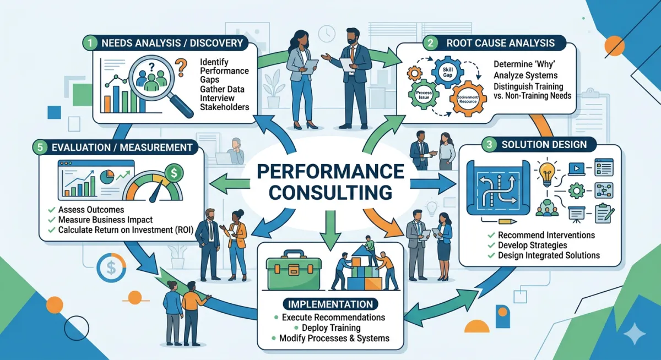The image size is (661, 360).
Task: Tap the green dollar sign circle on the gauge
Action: [175, 173]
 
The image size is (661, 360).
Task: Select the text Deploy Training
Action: [329, 328]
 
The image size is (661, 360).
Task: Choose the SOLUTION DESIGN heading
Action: [540, 145]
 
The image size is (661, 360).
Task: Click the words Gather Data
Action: [223, 89]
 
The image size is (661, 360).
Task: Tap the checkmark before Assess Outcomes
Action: [51, 210]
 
